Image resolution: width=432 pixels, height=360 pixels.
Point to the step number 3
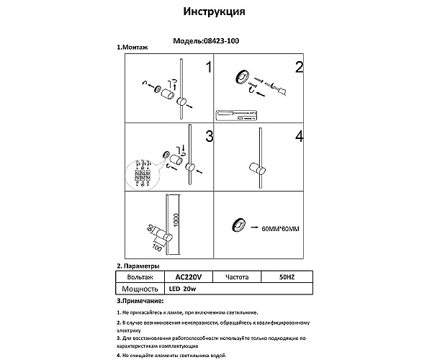click(208, 136)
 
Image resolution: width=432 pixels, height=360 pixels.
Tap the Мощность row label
click(140, 288)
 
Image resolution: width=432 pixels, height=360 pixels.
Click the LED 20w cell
click(186, 288)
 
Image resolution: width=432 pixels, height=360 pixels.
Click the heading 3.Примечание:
click(140, 300)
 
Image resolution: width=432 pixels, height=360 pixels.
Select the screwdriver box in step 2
click(236, 114)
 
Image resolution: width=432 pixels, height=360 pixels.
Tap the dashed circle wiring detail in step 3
click(143, 176)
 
